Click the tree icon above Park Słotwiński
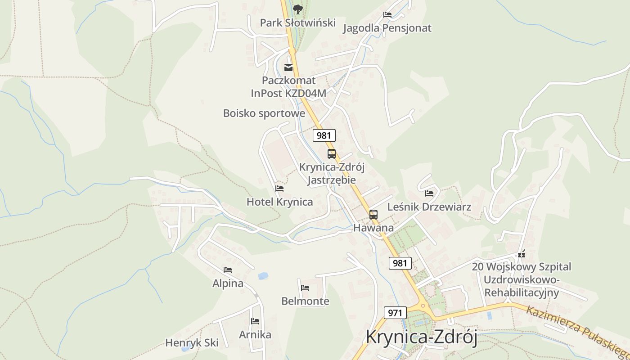297,9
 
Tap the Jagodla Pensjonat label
387,28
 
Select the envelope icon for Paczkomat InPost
288,68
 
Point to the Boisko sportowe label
264,113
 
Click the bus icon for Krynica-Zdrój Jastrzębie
332,154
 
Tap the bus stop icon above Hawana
373,215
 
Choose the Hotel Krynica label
279,202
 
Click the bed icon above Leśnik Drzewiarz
429,193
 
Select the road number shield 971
395,313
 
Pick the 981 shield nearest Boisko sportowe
324,135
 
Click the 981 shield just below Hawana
400,263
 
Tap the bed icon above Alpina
228,270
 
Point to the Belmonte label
305,301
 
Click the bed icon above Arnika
255,321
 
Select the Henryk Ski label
192,343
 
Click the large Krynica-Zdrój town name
421,337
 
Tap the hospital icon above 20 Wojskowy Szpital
522,254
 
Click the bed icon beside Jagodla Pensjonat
387,15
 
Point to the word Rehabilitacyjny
522,293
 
